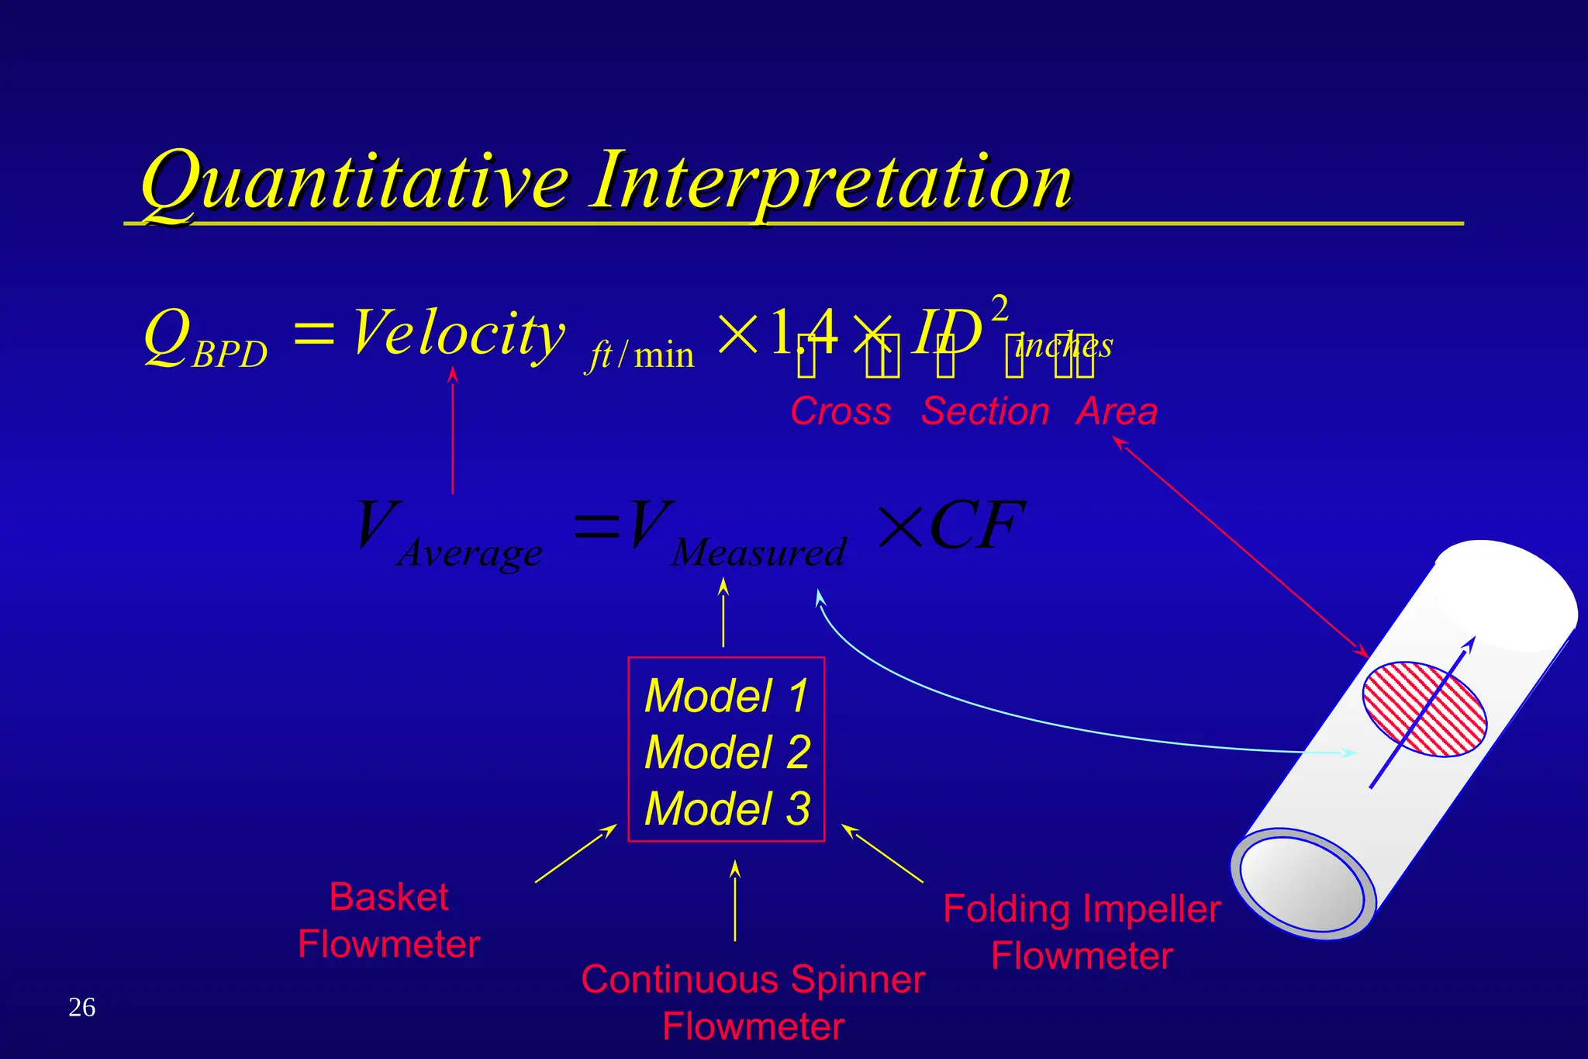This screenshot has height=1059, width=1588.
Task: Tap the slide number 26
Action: coord(81,1007)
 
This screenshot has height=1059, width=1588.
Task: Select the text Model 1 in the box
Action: coord(727,695)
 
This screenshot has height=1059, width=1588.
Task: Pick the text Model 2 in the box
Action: coord(727,752)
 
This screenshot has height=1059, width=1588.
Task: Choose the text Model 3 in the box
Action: coord(727,808)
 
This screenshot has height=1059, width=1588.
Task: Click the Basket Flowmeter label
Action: coord(388,920)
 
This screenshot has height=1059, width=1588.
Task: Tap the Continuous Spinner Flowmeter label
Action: coord(753,1002)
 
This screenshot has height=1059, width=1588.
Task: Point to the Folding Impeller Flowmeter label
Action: coord(1082,932)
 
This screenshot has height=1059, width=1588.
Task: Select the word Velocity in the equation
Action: coord(458,334)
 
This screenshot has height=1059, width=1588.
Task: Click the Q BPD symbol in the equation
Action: coord(203,339)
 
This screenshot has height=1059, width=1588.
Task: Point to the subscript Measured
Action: coord(758,553)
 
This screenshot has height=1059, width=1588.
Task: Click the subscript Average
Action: coord(470,553)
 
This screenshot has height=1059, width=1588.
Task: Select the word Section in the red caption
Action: coord(985,411)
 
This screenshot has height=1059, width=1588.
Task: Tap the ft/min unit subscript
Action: coord(640,356)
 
